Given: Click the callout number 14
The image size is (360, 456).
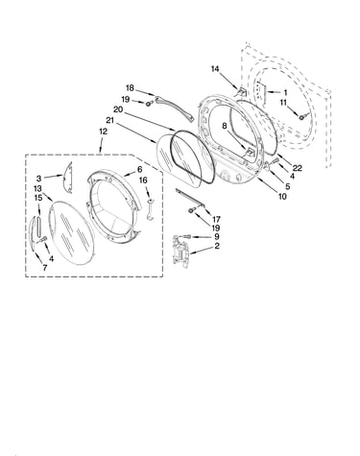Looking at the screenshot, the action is pyautogui.click(x=215, y=69).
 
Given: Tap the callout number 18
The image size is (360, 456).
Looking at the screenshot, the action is pyautogui.click(x=130, y=88).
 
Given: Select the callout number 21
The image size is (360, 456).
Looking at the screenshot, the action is pyautogui.click(x=109, y=121).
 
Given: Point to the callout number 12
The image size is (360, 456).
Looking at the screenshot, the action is pyautogui.click(x=103, y=132).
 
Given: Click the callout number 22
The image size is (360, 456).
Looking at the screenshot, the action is pyautogui.click(x=297, y=168).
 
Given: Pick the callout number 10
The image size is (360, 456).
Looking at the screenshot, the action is pyautogui.click(x=282, y=196).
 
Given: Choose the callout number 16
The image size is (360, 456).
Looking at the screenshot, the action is pyautogui.click(x=143, y=180).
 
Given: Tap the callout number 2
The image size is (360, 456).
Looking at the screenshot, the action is pyautogui.click(x=217, y=246).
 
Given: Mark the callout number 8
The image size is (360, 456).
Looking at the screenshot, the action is pyautogui.click(x=225, y=126).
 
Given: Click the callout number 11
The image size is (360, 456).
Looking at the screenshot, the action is pyautogui.click(x=283, y=103).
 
